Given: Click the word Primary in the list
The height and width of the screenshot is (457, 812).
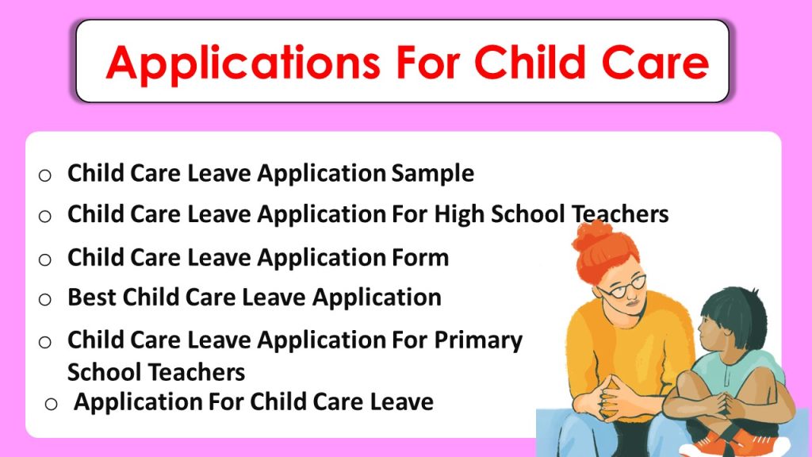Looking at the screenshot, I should [x=478, y=340].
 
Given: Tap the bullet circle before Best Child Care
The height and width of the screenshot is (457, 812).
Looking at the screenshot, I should [x=45, y=299].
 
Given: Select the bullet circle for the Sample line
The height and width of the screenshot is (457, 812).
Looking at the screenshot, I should [x=45, y=175].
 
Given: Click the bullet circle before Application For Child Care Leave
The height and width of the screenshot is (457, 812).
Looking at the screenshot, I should [x=52, y=403].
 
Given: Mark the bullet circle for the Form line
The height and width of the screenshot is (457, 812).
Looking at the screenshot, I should [x=45, y=259].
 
